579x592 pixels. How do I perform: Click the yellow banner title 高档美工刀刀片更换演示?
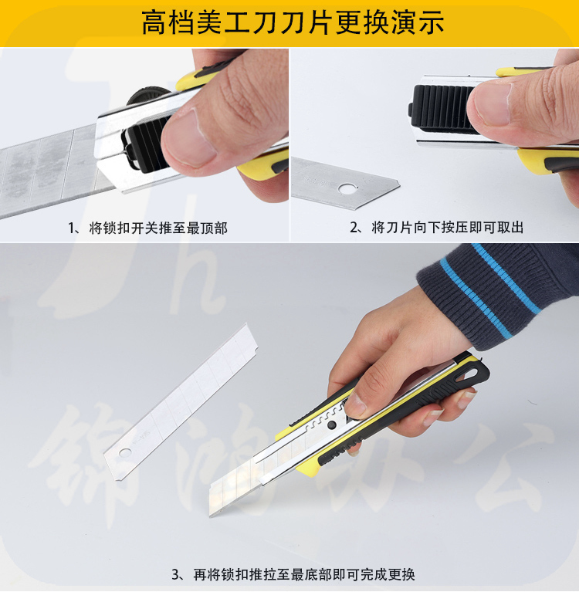(293, 22)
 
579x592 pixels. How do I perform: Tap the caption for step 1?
(147, 228)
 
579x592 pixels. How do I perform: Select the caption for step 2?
(437, 227)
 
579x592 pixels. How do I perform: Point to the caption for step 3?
(293, 574)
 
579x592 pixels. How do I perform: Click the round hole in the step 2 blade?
(347, 188)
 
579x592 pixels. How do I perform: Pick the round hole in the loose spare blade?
(124, 452)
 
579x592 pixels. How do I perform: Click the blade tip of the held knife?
(211, 515)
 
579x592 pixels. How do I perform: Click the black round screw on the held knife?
(333, 425)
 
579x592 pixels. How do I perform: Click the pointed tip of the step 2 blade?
(398, 185)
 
